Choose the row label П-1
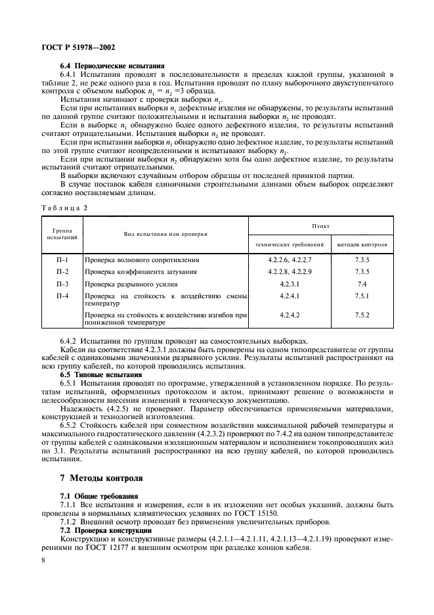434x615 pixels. coord(62,259)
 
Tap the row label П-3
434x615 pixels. coord(62,283)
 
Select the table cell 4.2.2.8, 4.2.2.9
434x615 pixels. coord(289,271)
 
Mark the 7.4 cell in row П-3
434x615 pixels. coord(362,283)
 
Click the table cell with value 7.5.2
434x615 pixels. coord(362,315)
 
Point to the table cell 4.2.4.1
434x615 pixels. coord(289,296)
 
